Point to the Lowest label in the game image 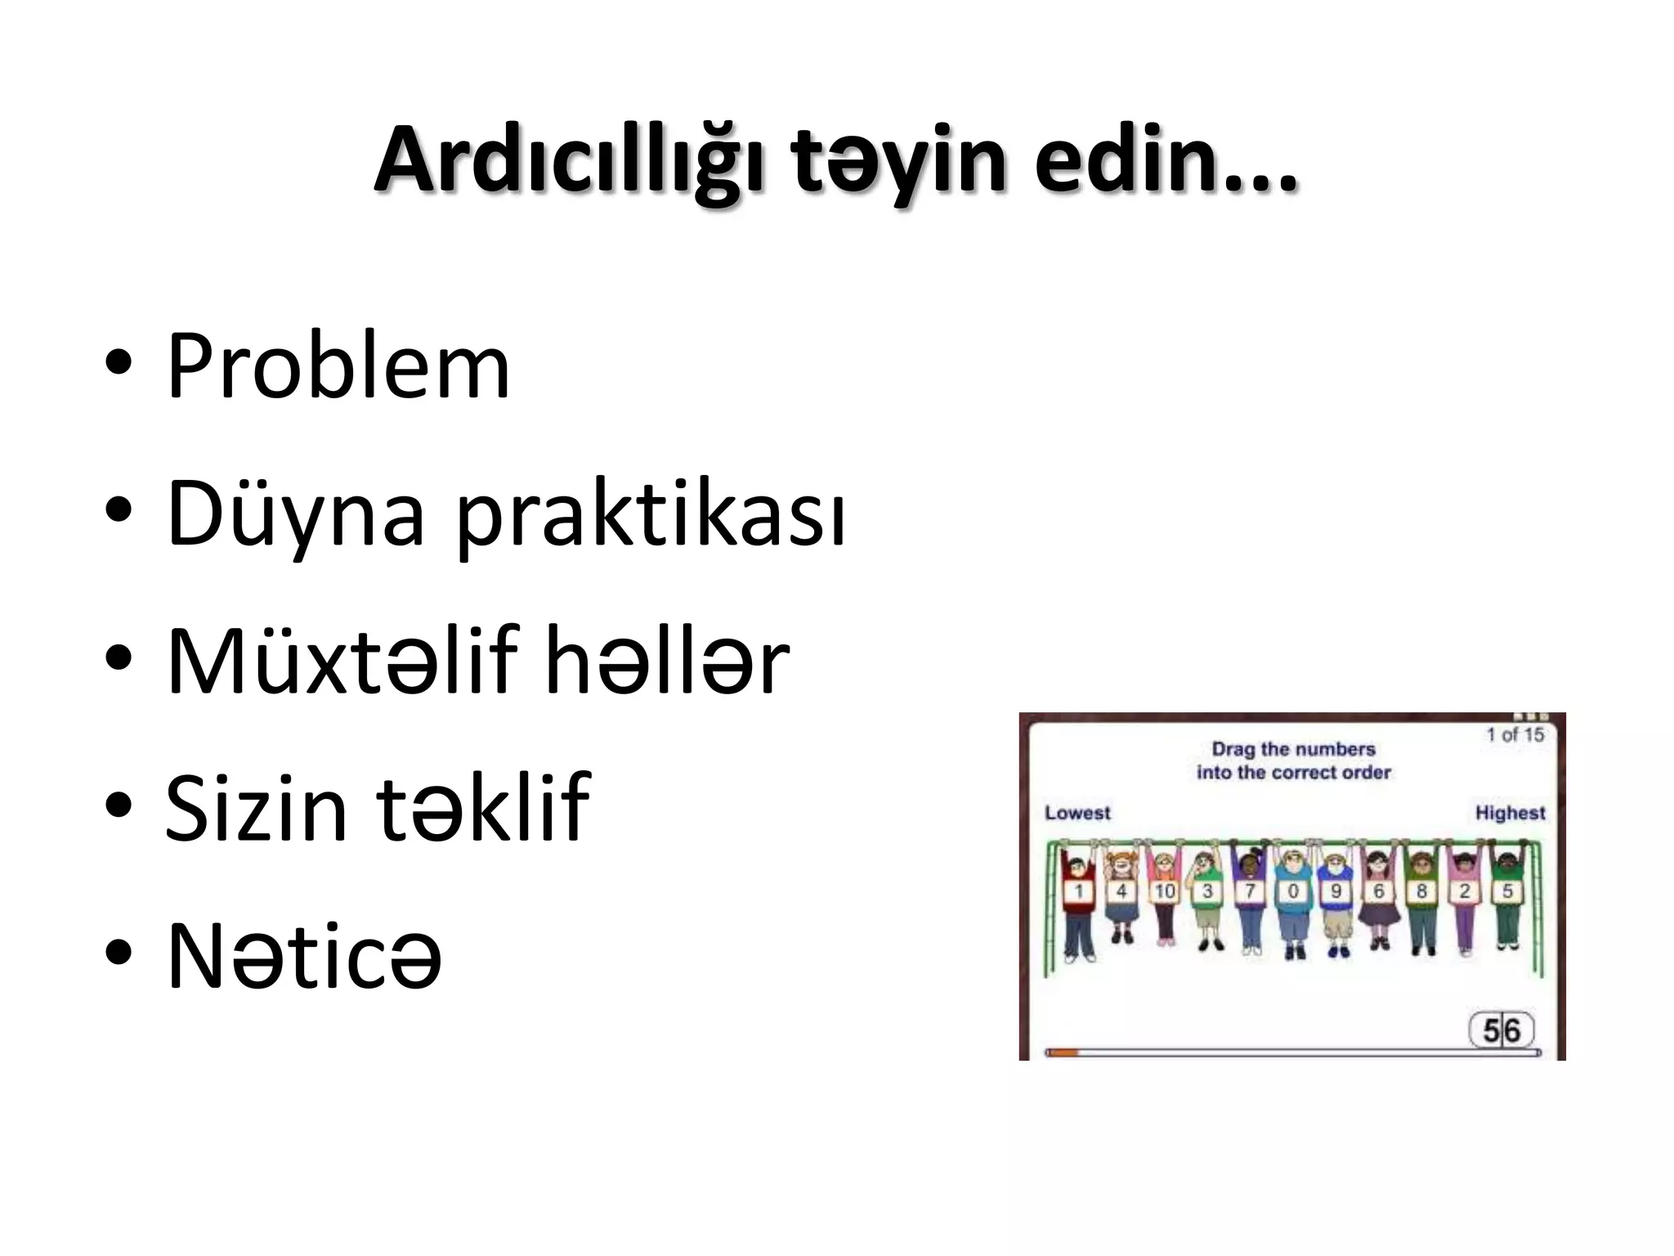click(1077, 813)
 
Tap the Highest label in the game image click(1510, 813)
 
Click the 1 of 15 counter click(1515, 734)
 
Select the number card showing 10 click(1165, 891)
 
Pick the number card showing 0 click(1293, 891)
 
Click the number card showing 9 click(1336, 891)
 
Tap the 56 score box click(1502, 1030)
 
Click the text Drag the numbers click(1293, 749)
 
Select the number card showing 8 click(1421, 891)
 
